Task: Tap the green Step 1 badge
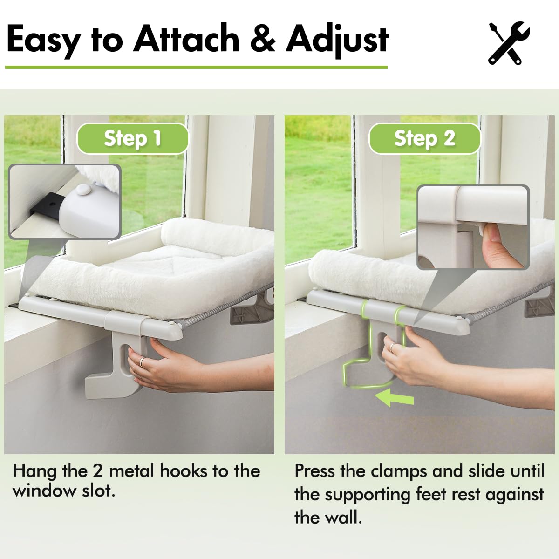click(x=132, y=138)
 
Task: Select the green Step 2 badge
click(x=424, y=138)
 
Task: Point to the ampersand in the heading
click(x=262, y=40)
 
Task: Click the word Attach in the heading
click(x=186, y=40)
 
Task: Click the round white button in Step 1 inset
click(x=84, y=189)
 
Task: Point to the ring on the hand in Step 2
click(x=393, y=347)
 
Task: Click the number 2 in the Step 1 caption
click(x=97, y=471)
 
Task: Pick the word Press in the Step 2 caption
click(x=314, y=471)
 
